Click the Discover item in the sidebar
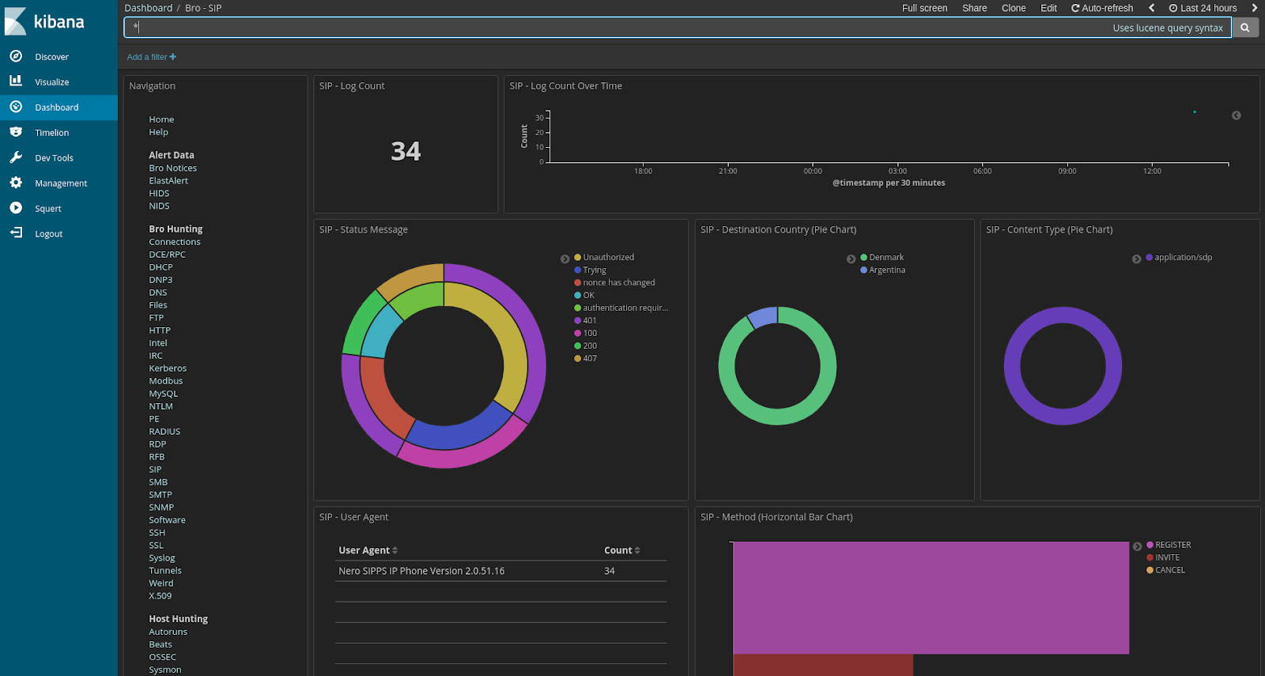point(51,57)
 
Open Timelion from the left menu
point(51,133)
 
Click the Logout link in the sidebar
point(48,234)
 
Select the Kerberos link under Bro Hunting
point(168,368)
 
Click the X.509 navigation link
point(160,596)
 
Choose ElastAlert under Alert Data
point(168,181)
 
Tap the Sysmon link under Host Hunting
point(164,670)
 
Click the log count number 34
point(406,151)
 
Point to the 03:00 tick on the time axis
point(897,171)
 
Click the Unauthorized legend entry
point(608,258)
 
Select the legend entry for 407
point(590,359)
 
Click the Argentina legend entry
point(887,270)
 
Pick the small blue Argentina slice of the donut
point(763,317)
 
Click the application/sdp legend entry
point(1183,258)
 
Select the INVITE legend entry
point(1167,557)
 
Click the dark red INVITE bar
point(822,664)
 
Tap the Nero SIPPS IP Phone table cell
point(421,571)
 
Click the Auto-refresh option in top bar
point(1102,8)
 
